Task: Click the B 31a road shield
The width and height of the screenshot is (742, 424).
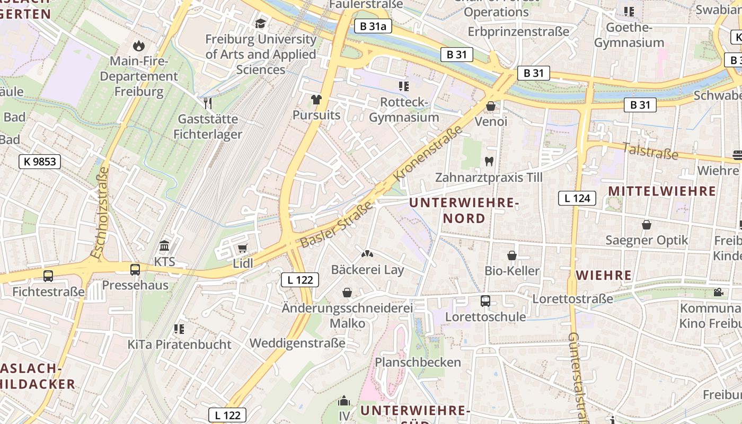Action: point(373,26)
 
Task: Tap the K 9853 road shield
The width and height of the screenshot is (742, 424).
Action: point(40,162)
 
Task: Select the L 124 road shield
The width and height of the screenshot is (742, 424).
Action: point(577,198)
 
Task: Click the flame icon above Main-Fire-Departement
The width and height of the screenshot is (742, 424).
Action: point(139,46)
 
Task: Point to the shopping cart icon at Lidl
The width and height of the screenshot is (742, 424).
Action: point(243,248)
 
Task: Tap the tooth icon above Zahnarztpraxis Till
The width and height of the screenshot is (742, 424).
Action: point(489,162)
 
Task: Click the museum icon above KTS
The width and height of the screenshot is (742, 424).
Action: point(164,246)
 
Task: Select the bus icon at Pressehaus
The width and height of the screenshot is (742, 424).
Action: point(135,269)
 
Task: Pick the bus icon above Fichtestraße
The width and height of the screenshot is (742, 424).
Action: point(48,276)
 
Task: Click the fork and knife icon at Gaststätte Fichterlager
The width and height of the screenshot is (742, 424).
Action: point(208,103)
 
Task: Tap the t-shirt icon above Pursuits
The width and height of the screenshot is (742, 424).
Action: point(316,99)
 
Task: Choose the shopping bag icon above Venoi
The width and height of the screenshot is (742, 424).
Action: point(491,106)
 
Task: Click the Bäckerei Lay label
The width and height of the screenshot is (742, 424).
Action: point(367,270)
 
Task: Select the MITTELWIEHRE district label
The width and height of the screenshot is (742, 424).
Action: point(662,191)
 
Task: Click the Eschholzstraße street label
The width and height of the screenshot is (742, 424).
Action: point(100,213)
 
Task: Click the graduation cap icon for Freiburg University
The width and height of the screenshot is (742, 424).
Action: point(260,23)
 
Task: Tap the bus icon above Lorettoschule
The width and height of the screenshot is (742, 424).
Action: point(485,301)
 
